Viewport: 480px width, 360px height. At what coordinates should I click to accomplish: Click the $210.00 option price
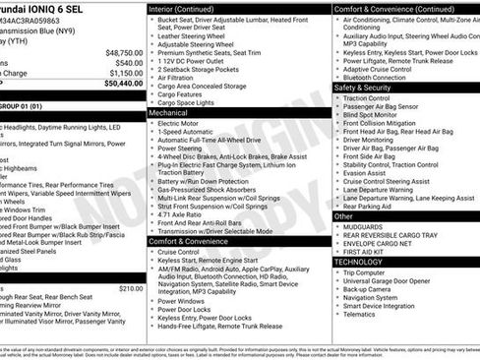[x=131, y=288]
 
